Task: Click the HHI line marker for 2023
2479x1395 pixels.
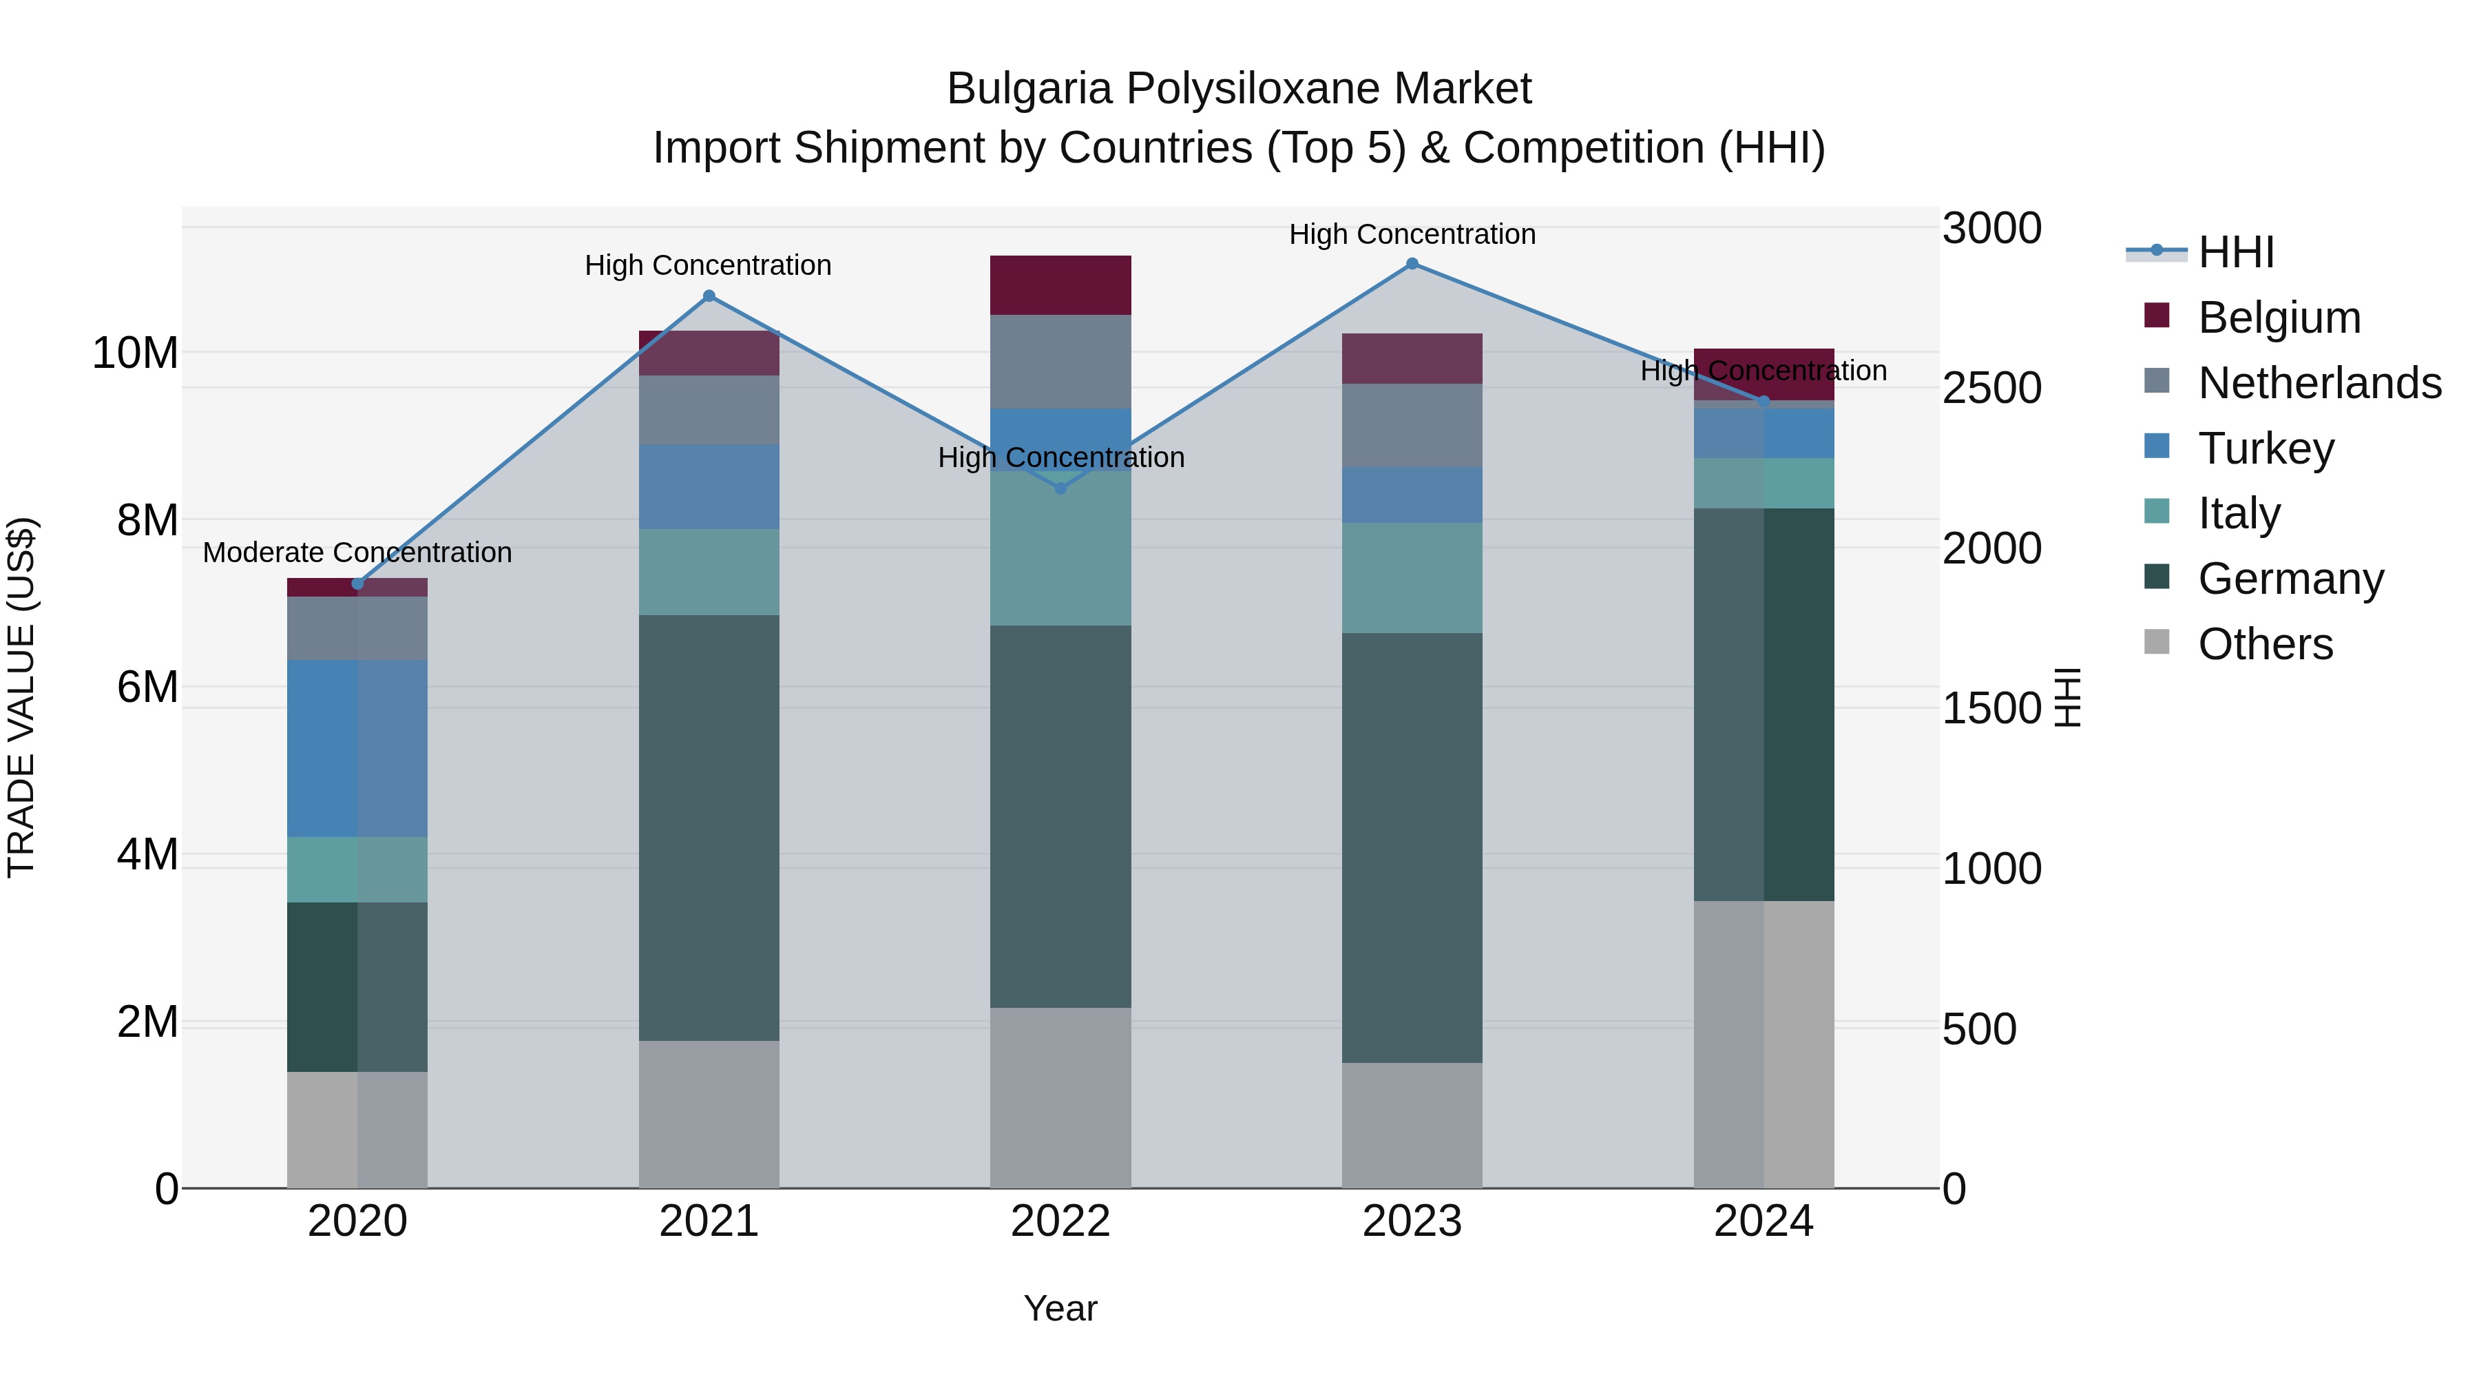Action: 1412,264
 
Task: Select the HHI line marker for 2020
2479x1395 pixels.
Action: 358,583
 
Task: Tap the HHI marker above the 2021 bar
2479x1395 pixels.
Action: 709,296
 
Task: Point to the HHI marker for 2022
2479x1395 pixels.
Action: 1060,489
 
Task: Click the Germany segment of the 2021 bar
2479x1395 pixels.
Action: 709,828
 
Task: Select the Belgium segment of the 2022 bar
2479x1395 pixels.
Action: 1060,285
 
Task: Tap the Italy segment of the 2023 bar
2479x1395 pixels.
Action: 1412,578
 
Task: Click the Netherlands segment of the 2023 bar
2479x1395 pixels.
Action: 1412,426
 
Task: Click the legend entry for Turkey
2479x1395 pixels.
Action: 2266,448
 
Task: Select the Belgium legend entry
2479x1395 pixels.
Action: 2279,318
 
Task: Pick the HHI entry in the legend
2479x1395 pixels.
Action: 2235,252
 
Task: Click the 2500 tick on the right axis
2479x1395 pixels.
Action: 1991,388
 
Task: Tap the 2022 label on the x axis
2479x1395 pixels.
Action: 1060,1221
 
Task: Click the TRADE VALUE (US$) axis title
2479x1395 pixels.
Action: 21,697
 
